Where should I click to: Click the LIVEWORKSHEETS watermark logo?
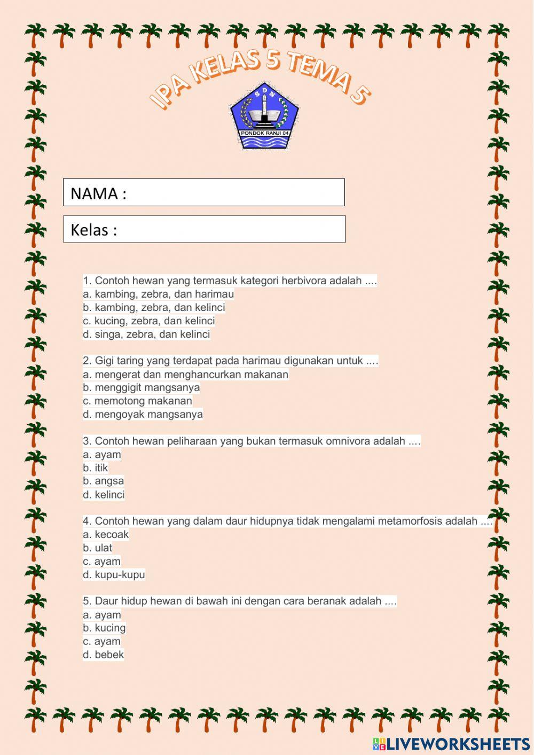(x=451, y=743)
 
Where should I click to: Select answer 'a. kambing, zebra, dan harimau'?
(x=159, y=294)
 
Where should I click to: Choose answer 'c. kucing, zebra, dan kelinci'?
(x=149, y=321)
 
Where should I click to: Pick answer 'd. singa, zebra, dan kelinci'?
(x=146, y=334)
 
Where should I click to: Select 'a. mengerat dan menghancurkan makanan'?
(x=185, y=374)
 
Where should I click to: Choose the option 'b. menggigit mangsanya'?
(x=141, y=387)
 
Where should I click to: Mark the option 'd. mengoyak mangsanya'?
(x=143, y=414)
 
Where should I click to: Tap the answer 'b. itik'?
(x=96, y=468)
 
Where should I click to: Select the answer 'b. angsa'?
(x=103, y=481)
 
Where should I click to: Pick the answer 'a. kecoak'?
(x=106, y=534)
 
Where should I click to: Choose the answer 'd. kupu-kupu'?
(x=114, y=574)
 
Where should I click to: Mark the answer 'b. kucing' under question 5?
(x=104, y=628)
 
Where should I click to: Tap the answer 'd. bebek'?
(x=103, y=655)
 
